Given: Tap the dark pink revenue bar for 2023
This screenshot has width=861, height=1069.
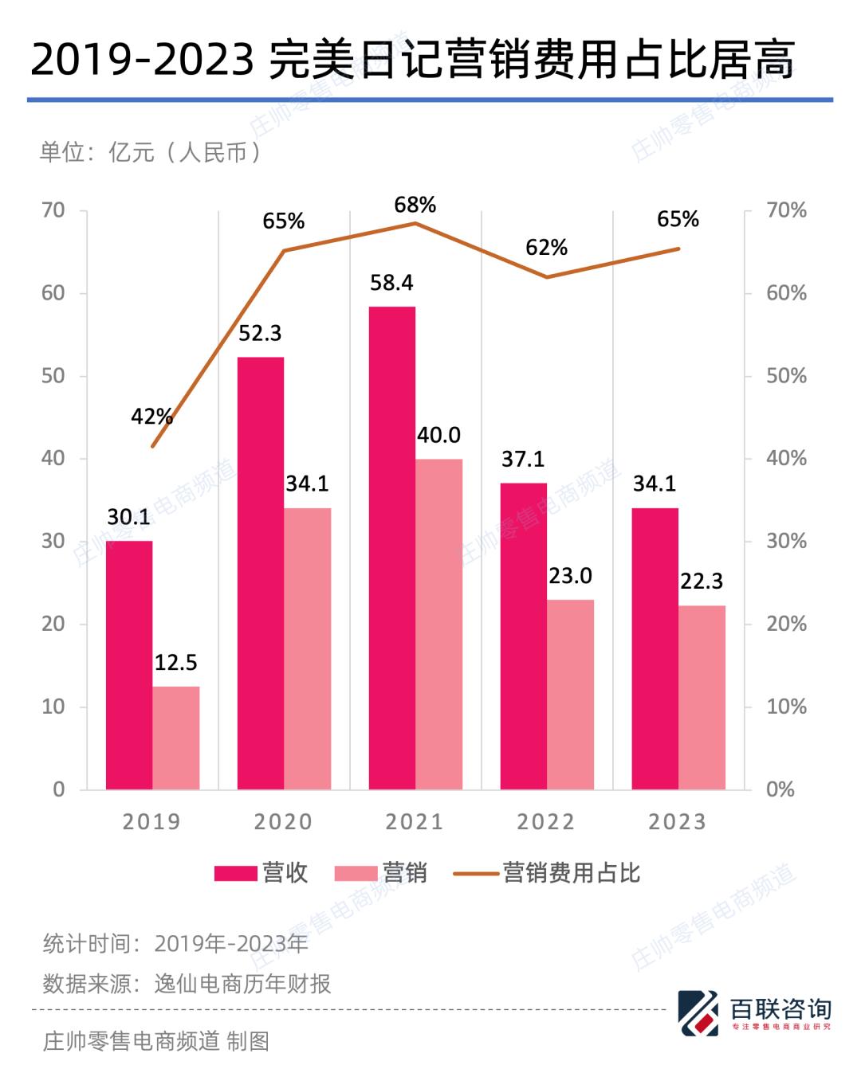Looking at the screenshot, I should pyautogui.click(x=655, y=648).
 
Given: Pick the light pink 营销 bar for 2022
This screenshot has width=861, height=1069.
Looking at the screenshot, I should pyautogui.click(x=571, y=695).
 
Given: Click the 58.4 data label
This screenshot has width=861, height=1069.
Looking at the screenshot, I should pyautogui.click(x=391, y=283).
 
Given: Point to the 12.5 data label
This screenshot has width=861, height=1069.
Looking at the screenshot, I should pyautogui.click(x=175, y=663).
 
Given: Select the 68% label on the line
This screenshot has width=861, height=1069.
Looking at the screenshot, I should pyautogui.click(x=415, y=206).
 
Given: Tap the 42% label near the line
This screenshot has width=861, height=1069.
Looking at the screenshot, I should pyautogui.click(x=151, y=417).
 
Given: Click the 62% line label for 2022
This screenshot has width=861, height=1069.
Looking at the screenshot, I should pyautogui.click(x=546, y=248).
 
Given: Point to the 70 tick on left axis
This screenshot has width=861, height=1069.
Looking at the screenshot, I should pyautogui.click(x=53, y=210).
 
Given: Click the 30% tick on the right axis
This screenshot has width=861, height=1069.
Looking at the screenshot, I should pyautogui.click(x=786, y=542).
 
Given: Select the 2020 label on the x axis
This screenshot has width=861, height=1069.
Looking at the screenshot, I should pyautogui.click(x=283, y=822).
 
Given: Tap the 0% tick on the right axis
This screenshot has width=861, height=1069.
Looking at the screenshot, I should pyautogui.click(x=780, y=789).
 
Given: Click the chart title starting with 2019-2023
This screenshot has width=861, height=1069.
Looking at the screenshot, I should pyautogui.click(x=412, y=60).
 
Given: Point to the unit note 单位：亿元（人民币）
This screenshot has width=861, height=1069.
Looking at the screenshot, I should pyautogui.click(x=150, y=152).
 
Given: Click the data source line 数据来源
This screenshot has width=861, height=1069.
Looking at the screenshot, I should pyautogui.click(x=187, y=984).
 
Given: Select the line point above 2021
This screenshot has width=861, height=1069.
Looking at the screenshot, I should pyautogui.click(x=415, y=223).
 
